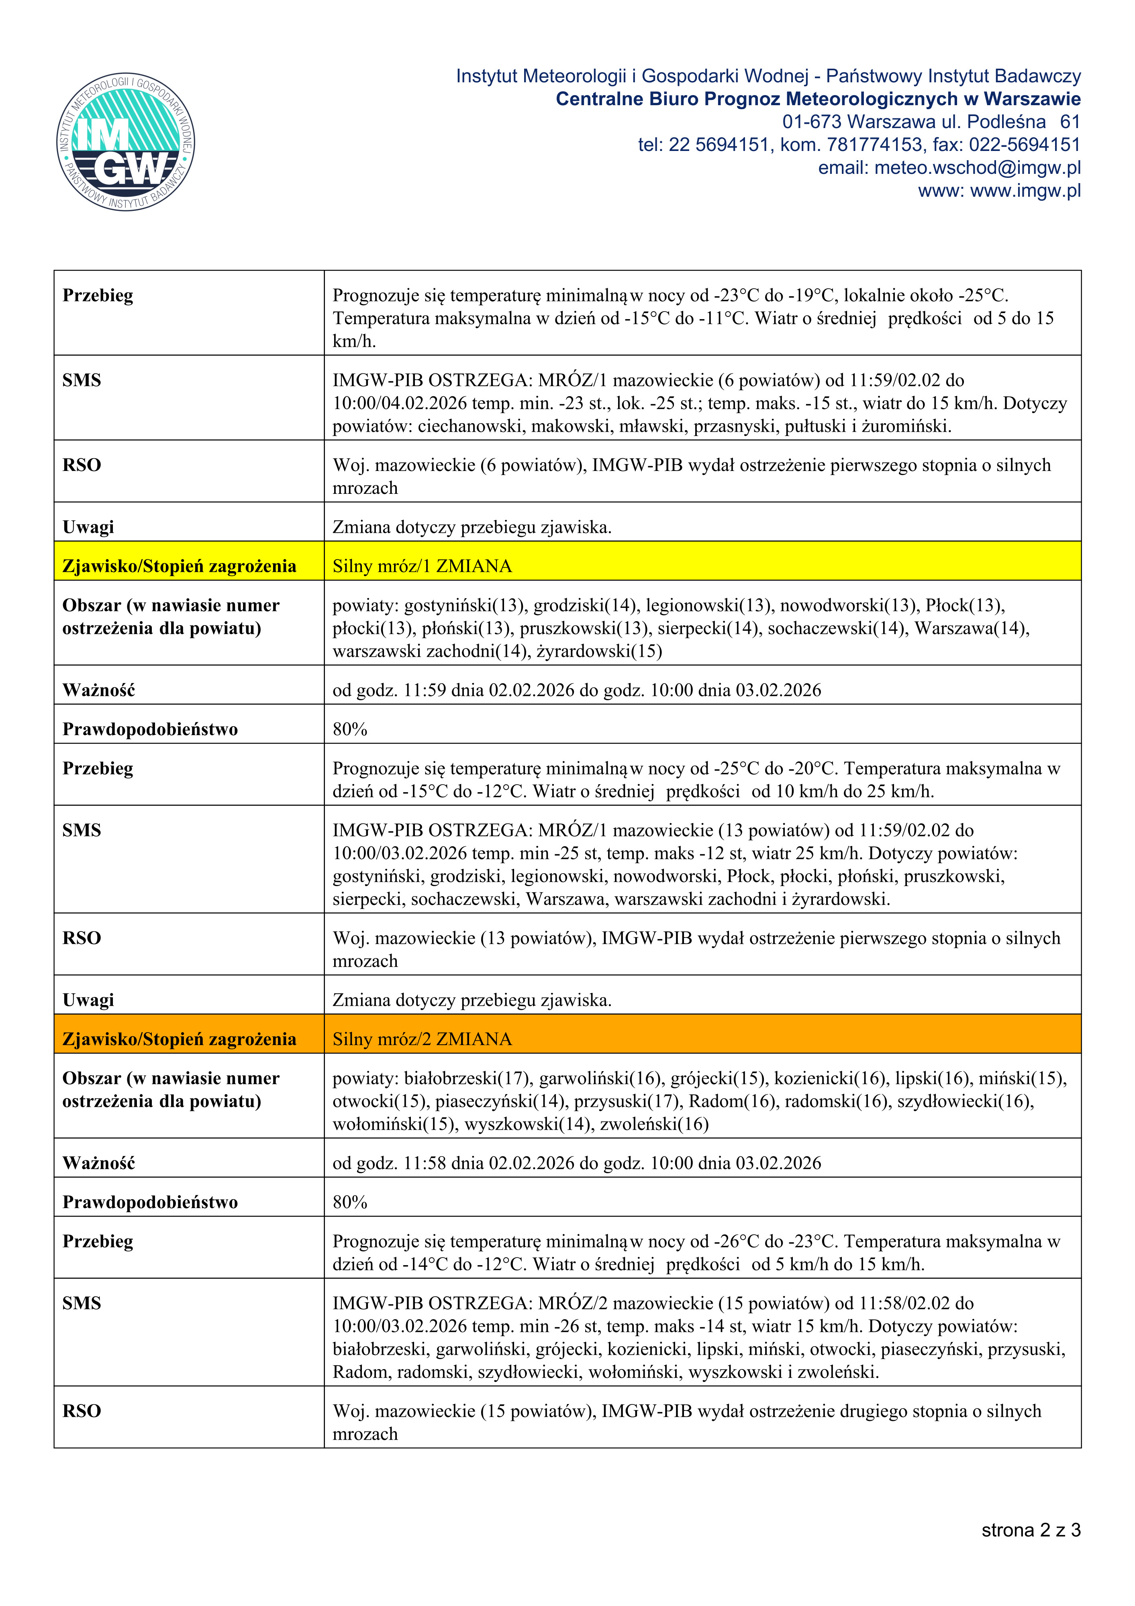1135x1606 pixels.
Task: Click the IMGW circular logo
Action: click(126, 142)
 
